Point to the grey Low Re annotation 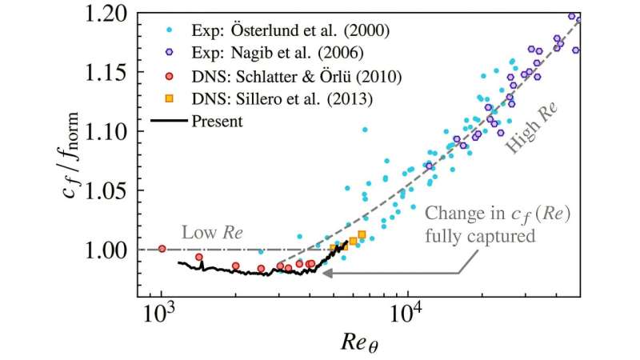[x=213, y=233]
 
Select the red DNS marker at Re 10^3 [x=162, y=249]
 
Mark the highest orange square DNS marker [x=362, y=234]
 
